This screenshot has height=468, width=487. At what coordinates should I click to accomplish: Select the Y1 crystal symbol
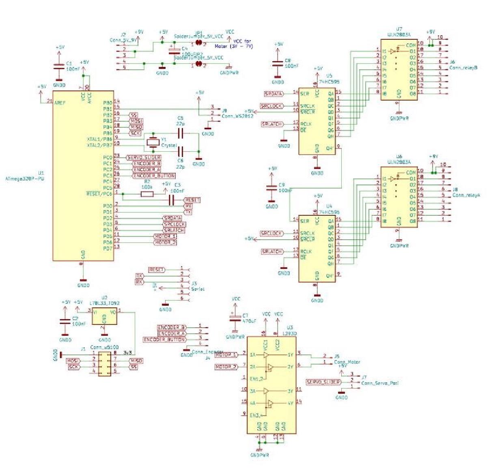pos(153,142)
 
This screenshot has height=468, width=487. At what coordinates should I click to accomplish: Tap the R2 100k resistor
pos(147,194)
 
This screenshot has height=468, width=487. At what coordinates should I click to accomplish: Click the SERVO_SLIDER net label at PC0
pos(144,157)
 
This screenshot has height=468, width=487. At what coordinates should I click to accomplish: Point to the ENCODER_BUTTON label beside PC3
pos(153,176)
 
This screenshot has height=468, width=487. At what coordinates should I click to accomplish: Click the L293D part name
pos(291,333)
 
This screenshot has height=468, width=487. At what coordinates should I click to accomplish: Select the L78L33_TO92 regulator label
pos(104,303)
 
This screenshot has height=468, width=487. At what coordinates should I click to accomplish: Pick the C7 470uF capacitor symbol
pos(234,319)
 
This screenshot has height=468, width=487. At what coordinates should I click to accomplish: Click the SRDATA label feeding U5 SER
pos(274,94)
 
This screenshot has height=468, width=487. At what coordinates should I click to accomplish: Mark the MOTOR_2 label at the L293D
pos(226,367)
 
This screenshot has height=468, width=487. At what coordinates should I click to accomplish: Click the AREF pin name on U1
pos(60,102)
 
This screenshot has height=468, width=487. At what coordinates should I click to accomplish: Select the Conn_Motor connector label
pos(347,362)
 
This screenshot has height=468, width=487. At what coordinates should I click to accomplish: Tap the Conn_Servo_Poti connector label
pos(379,383)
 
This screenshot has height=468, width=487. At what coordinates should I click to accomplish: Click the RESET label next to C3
pos(192,200)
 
